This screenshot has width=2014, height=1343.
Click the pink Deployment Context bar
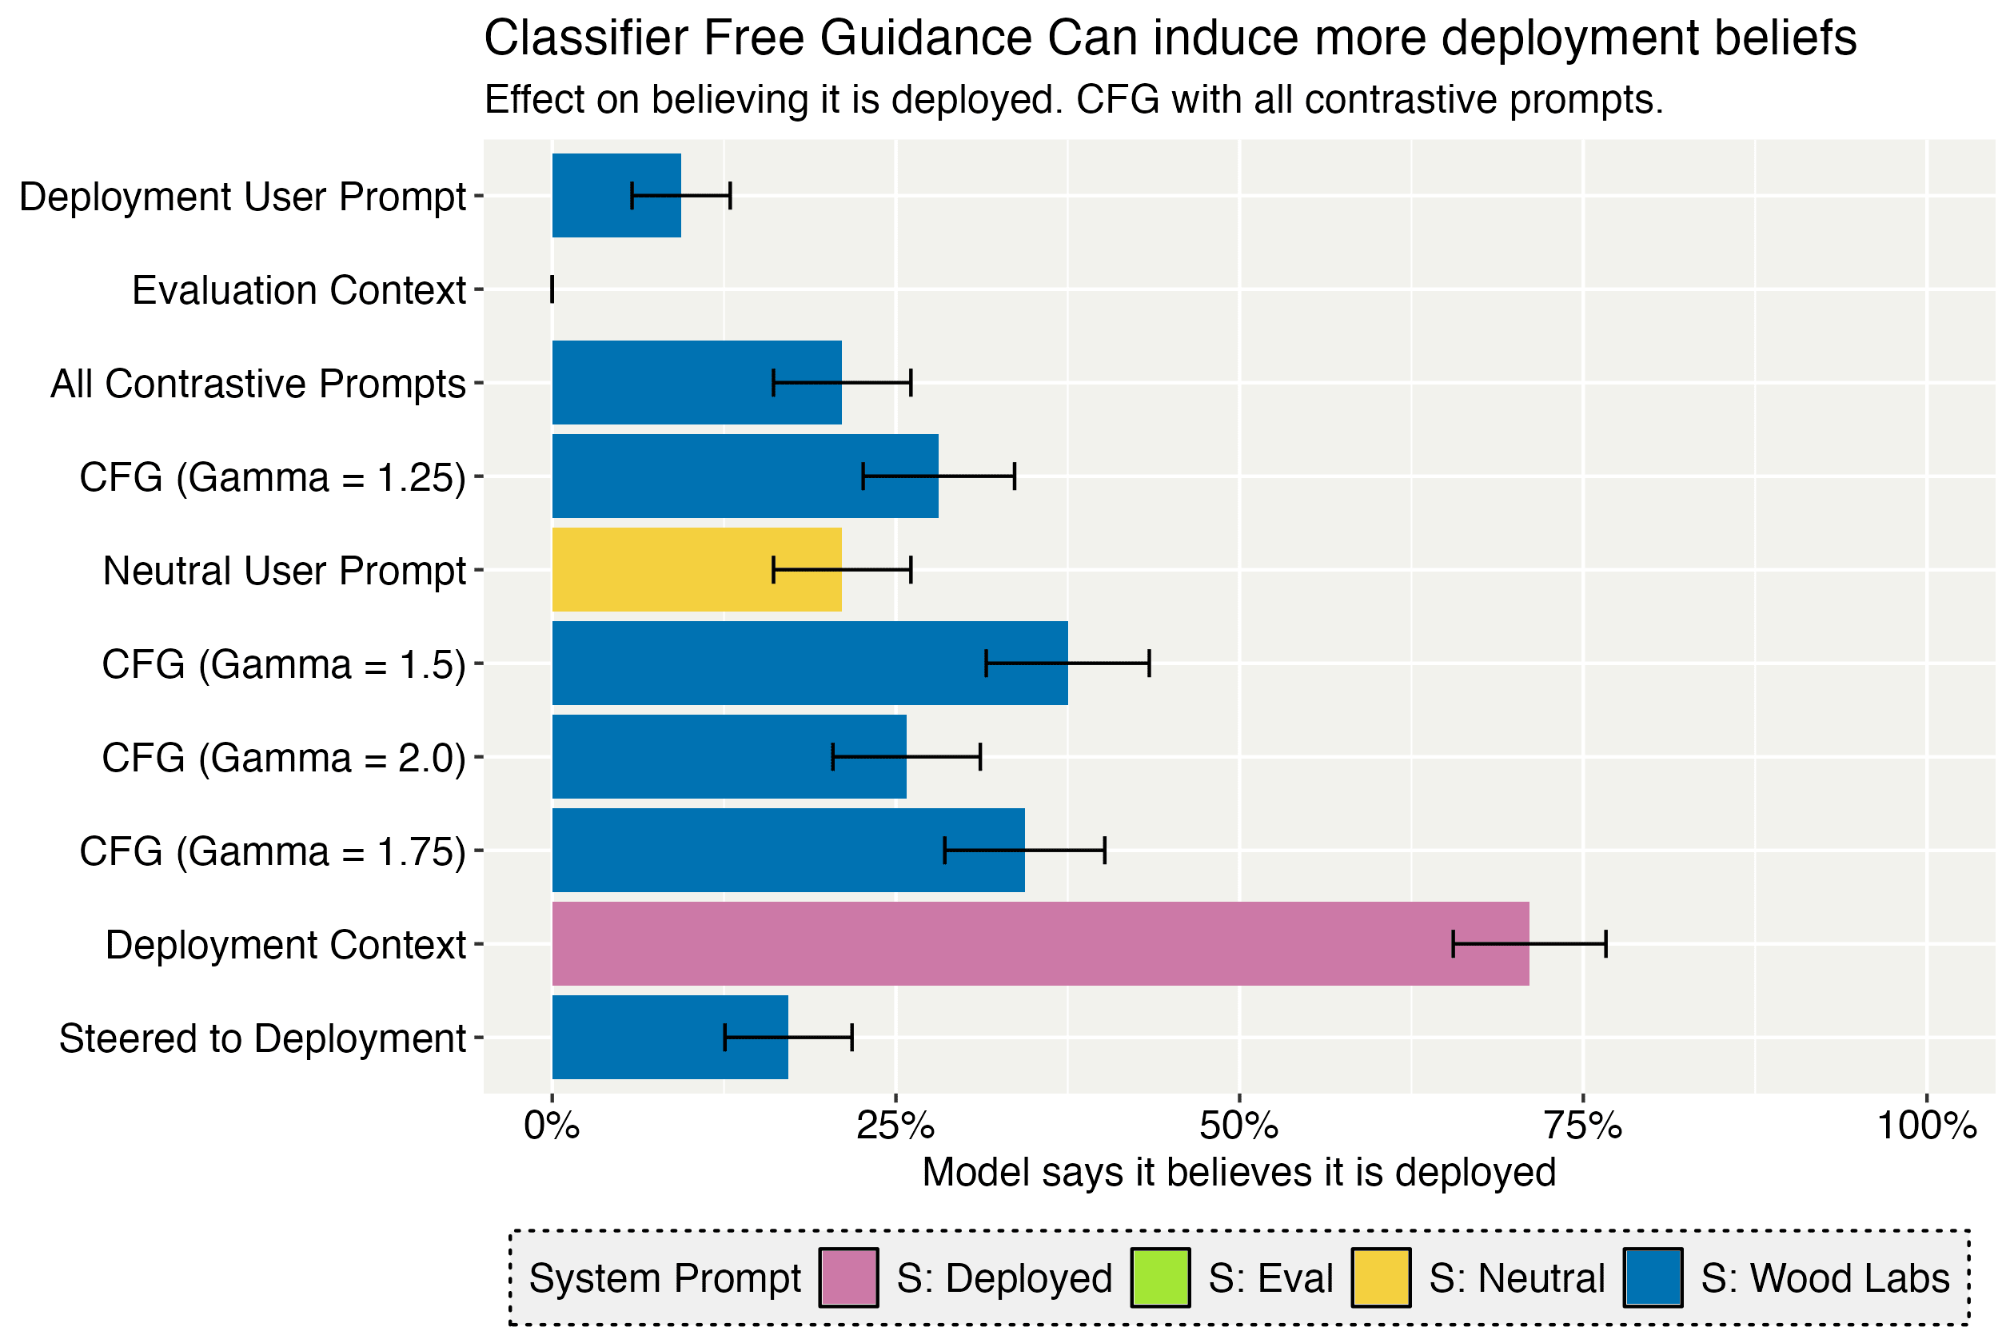(x=1040, y=944)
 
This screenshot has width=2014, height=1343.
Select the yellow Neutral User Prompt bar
(x=696, y=569)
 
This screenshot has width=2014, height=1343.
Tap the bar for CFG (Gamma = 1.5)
(x=810, y=663)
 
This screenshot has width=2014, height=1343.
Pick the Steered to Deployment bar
(x=670, y=1038)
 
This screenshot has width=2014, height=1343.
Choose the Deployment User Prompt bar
(x=616, y=195)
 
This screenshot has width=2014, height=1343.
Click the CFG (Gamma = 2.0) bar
(x=729, y=756)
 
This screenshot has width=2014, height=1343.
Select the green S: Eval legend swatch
(x=1160, y=1278)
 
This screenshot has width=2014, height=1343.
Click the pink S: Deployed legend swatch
(x=848, y=1278)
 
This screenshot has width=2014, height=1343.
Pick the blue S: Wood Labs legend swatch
(x=1653, y=1278)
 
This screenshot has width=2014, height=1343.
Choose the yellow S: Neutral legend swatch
(x=1381, y=1278)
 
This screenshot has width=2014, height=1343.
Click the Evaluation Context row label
(x=299, y=290)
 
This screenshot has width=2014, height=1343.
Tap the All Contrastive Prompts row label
(x=258, y=384)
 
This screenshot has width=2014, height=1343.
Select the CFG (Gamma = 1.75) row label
(x=273, y=851)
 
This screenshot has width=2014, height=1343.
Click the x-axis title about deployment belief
(x=1238, y=1173)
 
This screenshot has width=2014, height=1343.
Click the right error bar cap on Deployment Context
(x=1605, y=944)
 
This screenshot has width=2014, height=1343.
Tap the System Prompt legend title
(x=664, y=1278)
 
